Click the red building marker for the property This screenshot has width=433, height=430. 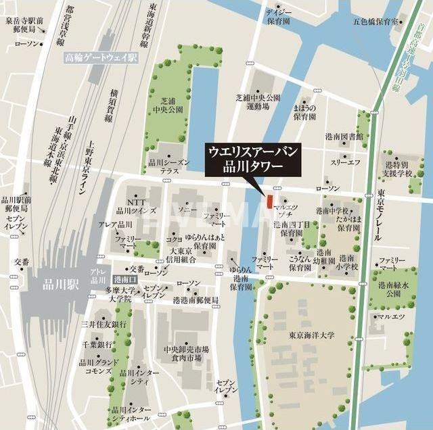[269, 201]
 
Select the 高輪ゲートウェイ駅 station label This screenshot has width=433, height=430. [101, 59]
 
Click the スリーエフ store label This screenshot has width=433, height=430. [344, 163]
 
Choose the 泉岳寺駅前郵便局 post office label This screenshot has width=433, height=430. [24, 26]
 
